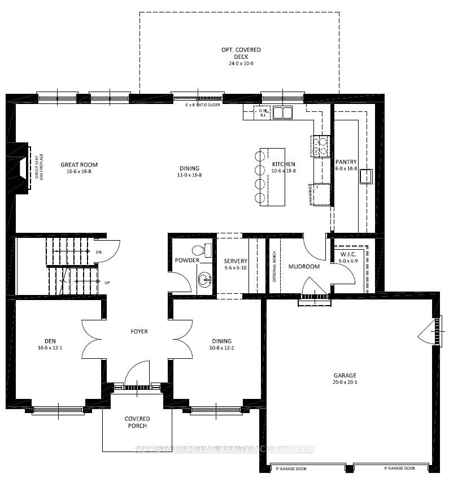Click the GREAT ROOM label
click(76, 165)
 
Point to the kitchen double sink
click(283, 113)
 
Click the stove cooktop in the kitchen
click(321, 146)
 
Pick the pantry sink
click(365, 176)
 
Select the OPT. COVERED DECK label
click(241, 50)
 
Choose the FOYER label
click(138, 331)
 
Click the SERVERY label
click(235, 260)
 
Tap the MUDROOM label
click(304, 266)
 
